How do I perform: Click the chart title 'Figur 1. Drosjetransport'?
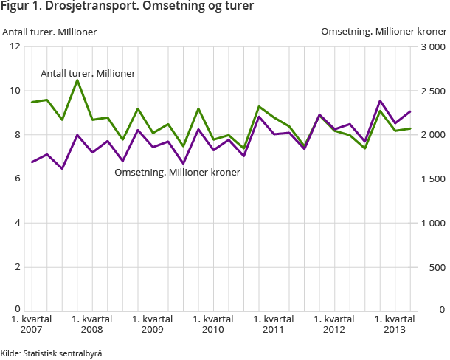128,7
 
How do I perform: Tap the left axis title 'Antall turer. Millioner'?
50,32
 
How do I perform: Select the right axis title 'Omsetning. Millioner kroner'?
384,32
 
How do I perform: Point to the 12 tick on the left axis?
15,46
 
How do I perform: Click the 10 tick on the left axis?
15,91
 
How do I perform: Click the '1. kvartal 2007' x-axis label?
31,324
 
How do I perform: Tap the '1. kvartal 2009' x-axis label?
153,324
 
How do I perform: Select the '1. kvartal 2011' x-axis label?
274,324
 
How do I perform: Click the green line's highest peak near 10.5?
77,80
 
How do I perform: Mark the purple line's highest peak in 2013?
380,100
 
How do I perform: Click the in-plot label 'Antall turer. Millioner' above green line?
88,74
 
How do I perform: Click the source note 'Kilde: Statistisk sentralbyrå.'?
52,353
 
